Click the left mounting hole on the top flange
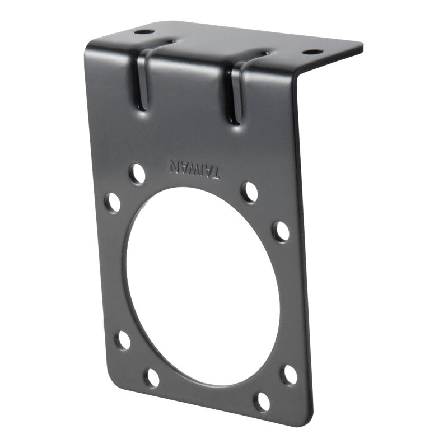tap(143, 32)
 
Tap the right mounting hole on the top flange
tap(312, 52)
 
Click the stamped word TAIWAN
tap(194, 169)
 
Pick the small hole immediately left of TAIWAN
tap(137, 174)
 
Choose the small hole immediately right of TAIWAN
tap(249, 192)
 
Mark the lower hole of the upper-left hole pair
tap(113, 202)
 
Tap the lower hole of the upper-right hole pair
tap(281, 231)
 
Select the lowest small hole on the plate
tap(262, 401)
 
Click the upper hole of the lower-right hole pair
tap(289, 375)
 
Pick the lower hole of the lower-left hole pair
tap(151, 377)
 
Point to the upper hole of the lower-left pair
tap(123, 340)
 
